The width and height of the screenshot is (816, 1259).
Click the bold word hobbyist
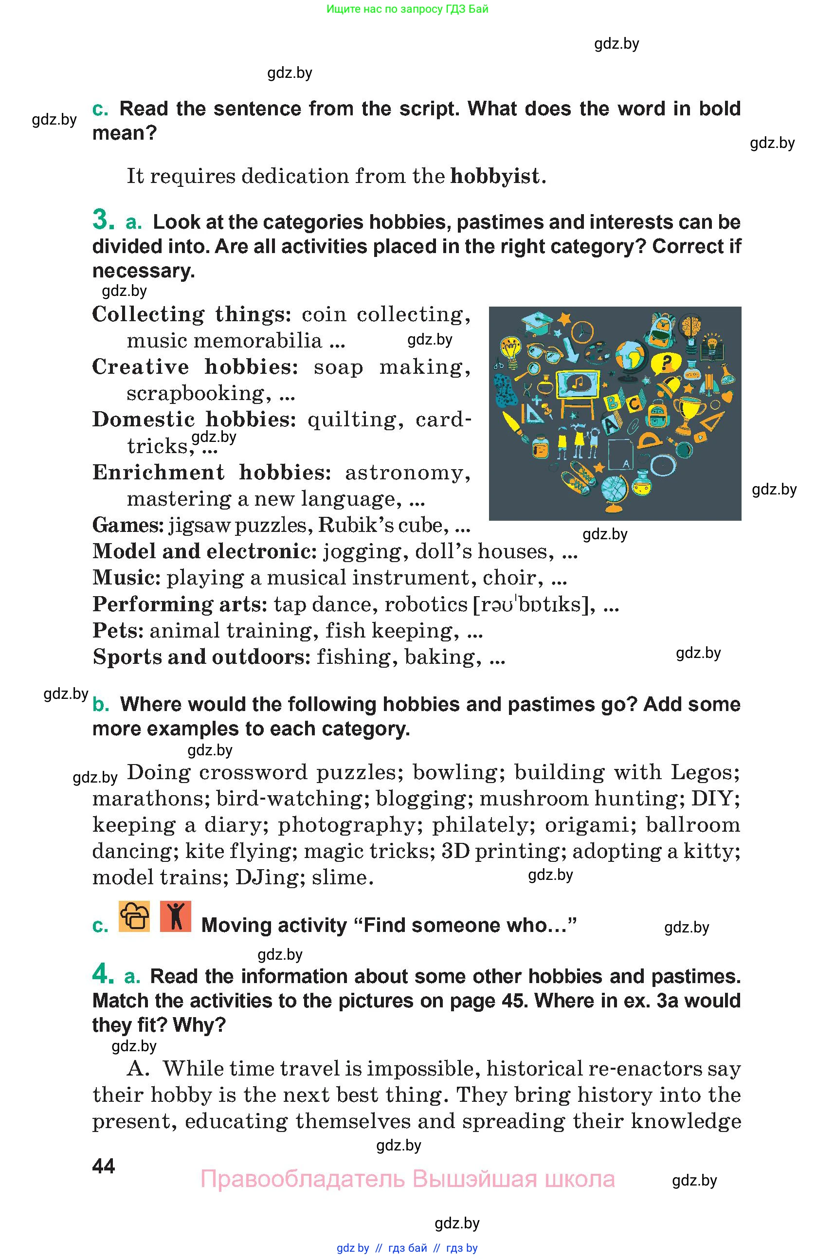(495, 176)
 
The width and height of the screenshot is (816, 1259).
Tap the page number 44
(103, 1167)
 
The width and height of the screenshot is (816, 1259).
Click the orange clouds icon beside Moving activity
(134, 917)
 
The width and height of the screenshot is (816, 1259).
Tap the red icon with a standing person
(175, 917)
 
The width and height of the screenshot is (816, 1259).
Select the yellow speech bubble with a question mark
(666, 364)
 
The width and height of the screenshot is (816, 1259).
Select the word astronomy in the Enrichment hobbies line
(407, 473)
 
